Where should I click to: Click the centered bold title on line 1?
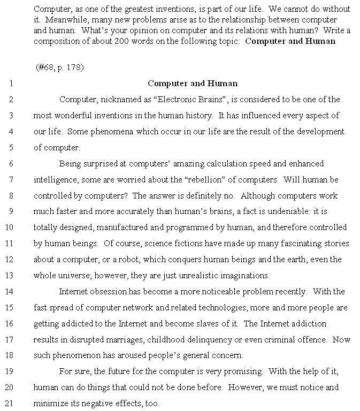point(193,83)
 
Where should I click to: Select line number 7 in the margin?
point(11,180)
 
